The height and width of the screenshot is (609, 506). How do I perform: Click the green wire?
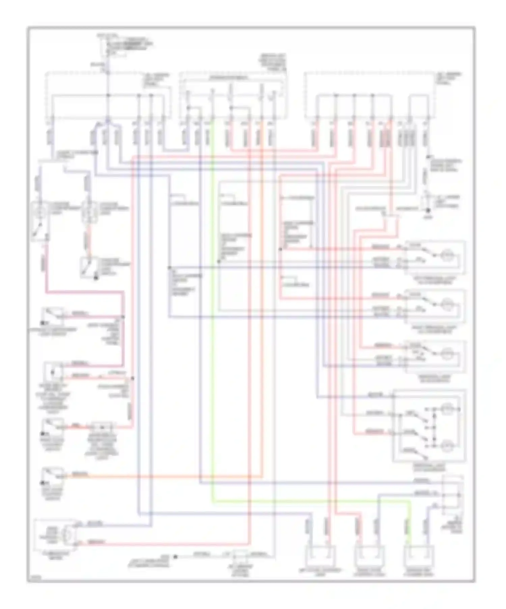tap(213, 337)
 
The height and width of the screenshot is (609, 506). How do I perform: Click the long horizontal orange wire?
tap(169, 476)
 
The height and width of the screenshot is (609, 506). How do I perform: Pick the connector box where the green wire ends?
tap(419, 557)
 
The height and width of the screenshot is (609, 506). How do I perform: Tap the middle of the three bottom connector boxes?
tap(369, 557)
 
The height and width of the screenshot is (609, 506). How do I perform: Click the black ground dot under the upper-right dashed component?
tap(428, 210)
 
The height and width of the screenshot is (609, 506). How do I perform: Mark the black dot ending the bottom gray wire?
tap(175, 557)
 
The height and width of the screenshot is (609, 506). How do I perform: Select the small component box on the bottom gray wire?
tap(240, 555)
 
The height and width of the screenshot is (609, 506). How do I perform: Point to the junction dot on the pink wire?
tap(123, 317)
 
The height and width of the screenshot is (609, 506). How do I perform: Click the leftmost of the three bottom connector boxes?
tap(320, 557)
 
